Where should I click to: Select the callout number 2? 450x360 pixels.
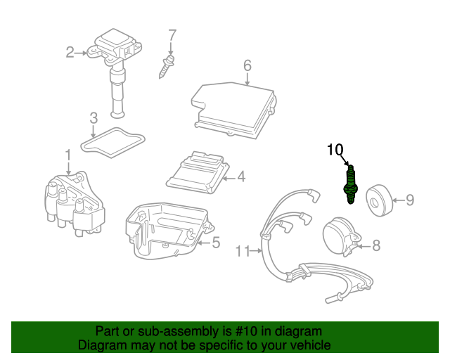(x=70, y=51)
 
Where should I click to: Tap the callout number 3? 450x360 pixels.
(x=93, y=118)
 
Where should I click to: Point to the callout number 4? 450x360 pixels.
(x=240, y=177)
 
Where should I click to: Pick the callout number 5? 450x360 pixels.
(x=216, y=243)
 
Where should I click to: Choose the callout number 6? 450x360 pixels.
(x=247, y=66)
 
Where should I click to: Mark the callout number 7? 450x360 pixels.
(x=172, y=34)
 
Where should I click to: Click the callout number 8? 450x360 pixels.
(x=375, y=245)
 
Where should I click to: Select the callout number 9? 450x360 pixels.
(x=409, y=200)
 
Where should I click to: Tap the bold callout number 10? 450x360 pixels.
(x=335, y=149)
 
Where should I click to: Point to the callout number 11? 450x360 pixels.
(x=243, y=250)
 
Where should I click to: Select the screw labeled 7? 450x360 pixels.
(x=165, y=67)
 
